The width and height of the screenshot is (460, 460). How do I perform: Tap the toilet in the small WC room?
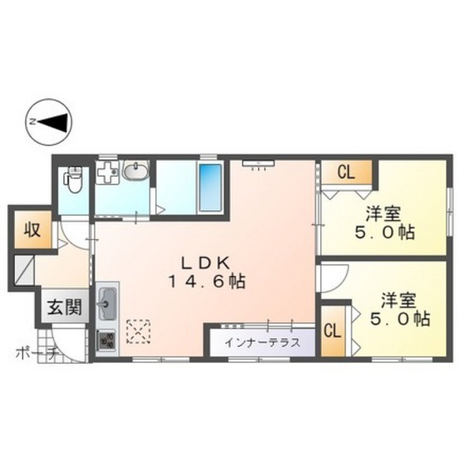74,179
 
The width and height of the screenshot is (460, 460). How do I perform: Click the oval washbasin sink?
135,172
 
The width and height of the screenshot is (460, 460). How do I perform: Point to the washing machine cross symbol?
108,174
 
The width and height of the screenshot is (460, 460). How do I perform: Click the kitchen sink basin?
108,306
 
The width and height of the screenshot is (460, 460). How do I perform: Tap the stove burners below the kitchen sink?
107,339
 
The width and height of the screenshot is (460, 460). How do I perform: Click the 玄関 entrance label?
63,308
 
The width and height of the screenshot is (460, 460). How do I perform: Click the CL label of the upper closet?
345,172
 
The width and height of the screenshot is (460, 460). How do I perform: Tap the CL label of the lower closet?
333,331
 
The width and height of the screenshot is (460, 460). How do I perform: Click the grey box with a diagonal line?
23,272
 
